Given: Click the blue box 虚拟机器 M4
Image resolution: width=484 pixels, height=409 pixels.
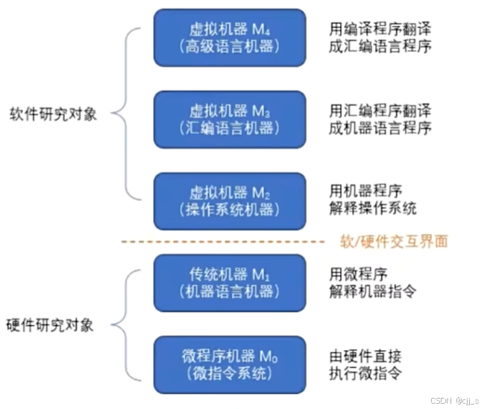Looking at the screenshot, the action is (x=230, y=37).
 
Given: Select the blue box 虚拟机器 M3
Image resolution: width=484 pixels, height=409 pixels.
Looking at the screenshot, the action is (x=230, y=119).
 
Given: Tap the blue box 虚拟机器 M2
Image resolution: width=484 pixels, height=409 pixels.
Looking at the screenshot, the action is (x=230, y=200).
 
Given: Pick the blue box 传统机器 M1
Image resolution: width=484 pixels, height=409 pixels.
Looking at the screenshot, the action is (x=230, y=282).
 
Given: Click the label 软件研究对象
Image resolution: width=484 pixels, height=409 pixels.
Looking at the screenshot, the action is (x=53, y=115).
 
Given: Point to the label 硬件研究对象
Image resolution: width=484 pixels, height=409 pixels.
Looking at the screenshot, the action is (x=53, y=325).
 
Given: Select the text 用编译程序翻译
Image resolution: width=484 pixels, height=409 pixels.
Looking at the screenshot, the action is (x=380, y=29).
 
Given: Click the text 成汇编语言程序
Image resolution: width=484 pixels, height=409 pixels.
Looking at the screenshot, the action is (x=380, y=46).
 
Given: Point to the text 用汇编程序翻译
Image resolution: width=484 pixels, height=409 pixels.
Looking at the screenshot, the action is (x=380, y=111).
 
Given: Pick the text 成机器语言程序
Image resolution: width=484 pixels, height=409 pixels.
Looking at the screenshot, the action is (x=380, y=128).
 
